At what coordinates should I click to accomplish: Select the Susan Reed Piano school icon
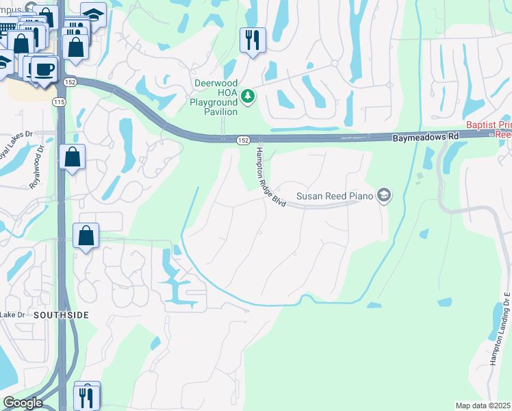(384, 197)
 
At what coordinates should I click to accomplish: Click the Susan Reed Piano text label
(335, 197)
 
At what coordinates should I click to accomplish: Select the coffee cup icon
(45, 70)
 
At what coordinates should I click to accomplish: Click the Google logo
(23, 403)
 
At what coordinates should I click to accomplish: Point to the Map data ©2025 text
(483, 406)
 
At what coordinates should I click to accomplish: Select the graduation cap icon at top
(93, 14)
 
